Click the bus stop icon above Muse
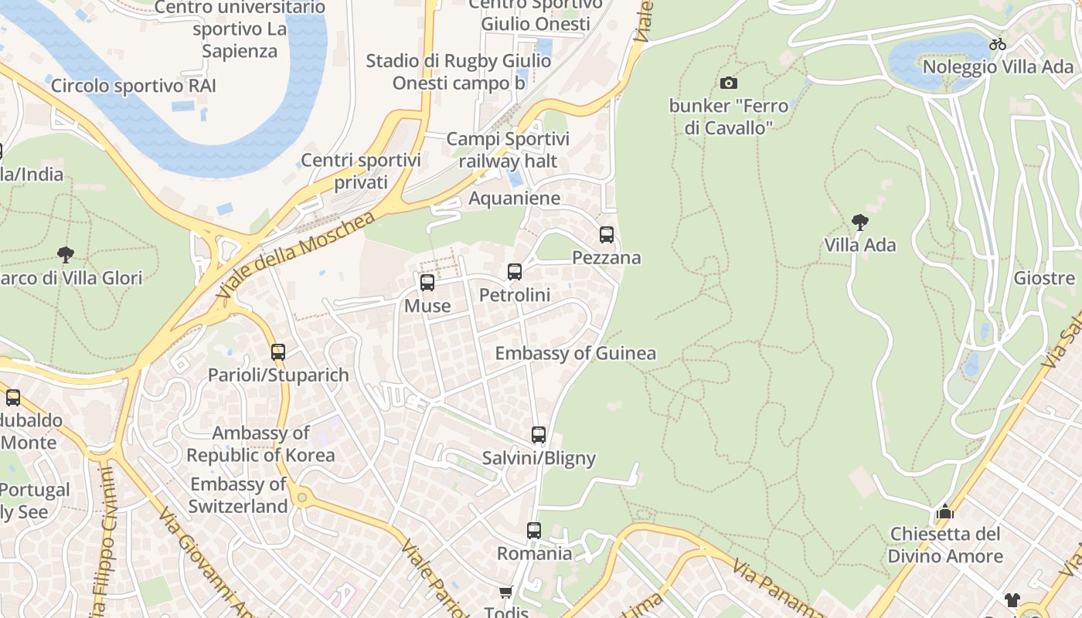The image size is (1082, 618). (x=427, y=283)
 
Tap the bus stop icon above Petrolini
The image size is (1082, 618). (x=515, y=272)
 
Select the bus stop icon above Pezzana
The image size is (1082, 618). (x=607, y=235)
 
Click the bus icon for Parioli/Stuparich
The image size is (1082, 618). (x=278, y=352)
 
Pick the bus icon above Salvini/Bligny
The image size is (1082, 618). (x=539, y=435)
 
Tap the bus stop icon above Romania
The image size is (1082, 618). (x=534, y=531)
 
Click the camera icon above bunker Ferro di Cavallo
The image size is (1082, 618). (x=728, y=83)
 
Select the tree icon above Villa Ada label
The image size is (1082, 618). (x=859, y=223)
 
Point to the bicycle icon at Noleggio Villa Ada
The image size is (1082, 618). (x=998, y=44)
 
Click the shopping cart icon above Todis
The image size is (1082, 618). (x=505, y=593)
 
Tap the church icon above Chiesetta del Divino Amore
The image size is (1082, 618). (x=944, y=511)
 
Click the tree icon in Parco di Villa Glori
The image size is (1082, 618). (x=66, y=254)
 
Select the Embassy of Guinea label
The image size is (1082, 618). (x=575, y=354)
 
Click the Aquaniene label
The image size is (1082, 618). (x=514, y=199)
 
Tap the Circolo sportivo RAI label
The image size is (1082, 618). (x=133, y=86)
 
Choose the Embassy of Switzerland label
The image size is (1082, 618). (x=239, y=495)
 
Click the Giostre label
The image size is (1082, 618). (x=1044, y=278)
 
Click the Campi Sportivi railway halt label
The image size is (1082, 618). (x=508, y=150)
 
